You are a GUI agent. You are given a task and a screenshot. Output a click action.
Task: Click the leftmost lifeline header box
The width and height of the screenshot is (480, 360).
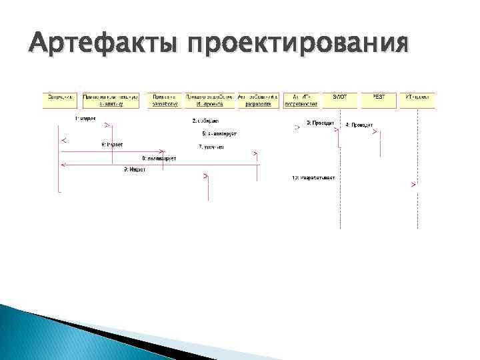coord(61,100)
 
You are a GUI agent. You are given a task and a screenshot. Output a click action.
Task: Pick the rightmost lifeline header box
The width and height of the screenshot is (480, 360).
coord(417,100)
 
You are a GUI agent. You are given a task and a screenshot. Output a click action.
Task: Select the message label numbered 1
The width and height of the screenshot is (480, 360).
coord(85,119)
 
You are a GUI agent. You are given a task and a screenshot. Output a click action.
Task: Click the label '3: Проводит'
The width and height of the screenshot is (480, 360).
coord(320,123)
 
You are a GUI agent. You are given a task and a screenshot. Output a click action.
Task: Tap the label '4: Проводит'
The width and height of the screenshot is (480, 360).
coord(359,125)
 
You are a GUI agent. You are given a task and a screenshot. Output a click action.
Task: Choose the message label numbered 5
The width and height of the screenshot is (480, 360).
coord(219,133)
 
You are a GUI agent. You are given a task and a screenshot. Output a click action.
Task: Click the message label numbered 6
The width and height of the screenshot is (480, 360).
coord(112,144)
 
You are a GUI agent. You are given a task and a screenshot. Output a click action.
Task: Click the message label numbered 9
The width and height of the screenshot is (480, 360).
coord(134,169)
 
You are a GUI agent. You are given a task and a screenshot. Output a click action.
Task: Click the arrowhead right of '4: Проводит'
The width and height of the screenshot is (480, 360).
coord(375,131)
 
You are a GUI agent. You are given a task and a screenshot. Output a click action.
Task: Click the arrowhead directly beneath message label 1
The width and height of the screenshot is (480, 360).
coord(107,126)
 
